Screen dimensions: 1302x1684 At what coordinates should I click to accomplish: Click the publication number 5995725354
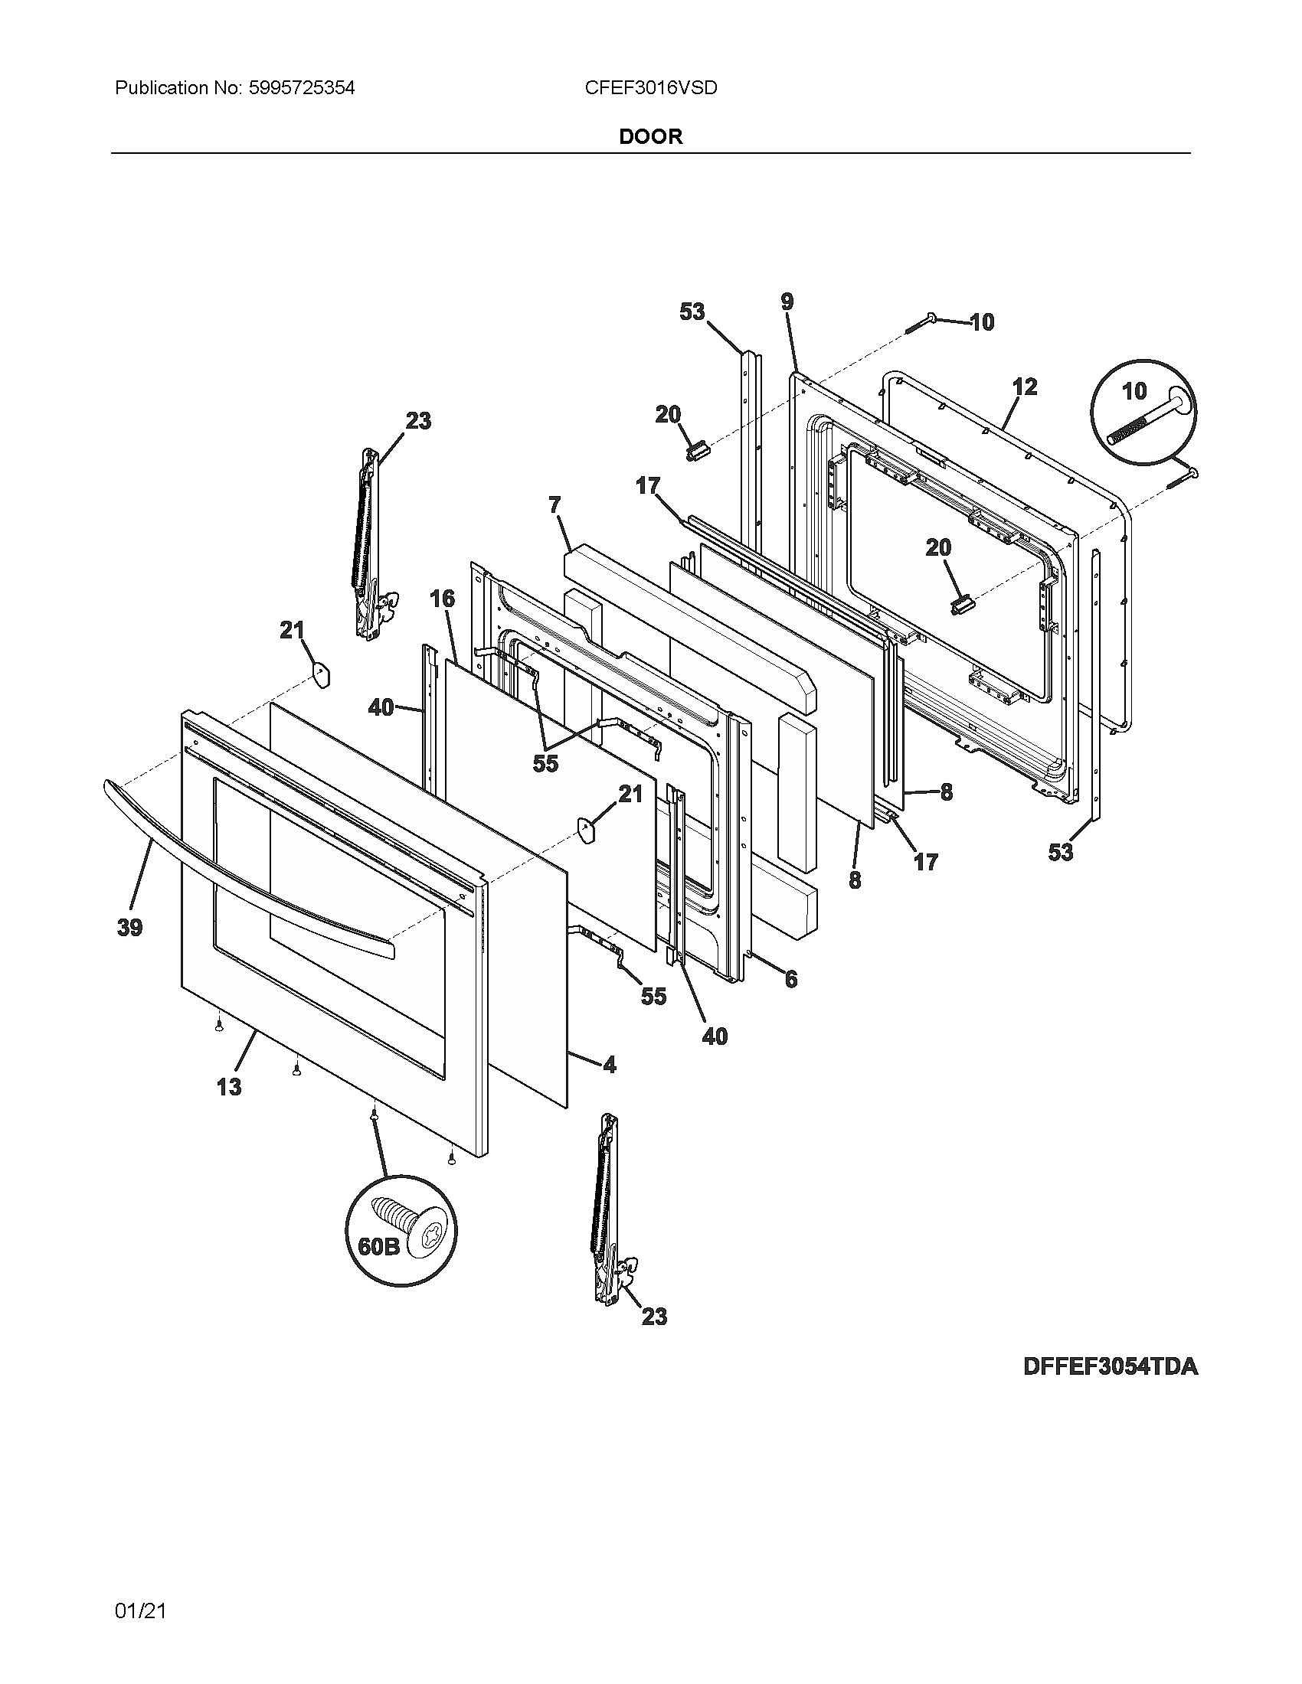302,88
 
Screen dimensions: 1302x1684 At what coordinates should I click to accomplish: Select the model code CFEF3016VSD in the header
650,88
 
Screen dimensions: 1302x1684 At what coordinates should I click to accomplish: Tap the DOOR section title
650,137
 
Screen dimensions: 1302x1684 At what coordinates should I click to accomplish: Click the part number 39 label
129,928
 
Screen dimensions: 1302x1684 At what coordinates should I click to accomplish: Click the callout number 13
228,1086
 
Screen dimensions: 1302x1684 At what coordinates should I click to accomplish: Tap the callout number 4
610,1065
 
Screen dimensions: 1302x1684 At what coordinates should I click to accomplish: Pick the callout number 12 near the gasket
1024,387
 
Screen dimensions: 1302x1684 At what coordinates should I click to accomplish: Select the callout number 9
786,302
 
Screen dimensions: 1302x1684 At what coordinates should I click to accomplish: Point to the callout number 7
554,506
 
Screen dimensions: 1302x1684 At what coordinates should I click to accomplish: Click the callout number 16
442,599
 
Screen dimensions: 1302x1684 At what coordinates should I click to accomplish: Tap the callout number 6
790,979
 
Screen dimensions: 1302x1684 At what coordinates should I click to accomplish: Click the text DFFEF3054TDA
1110,1366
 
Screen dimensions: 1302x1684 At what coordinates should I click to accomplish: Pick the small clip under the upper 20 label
696,449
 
